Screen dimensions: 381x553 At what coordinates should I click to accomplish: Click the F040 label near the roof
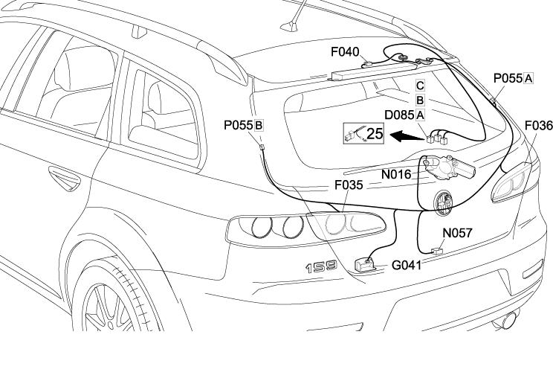click(x=345, y=53)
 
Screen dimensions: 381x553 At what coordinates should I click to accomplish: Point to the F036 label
click(x=538, y=125)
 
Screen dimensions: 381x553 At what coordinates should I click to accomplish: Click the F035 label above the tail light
click(x=349, y=185)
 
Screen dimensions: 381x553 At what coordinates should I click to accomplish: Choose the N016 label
click(x=396, y=174)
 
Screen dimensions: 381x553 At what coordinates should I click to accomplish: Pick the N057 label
click(x=457, y=233)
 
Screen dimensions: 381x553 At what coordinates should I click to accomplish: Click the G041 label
click(x=407, y=265)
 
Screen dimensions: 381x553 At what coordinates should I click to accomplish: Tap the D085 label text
click(x=399, y=115)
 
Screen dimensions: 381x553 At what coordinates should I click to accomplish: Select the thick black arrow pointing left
click(x=404, y=136)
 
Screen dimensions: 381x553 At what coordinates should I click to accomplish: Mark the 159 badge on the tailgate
click(x=320, y=266)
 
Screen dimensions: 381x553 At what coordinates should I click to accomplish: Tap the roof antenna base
click(x=289, y=28)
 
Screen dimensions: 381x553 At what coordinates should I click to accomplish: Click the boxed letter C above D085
click(x=420, y=86)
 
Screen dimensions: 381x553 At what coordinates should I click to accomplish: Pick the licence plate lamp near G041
click(x=365, y=264)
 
